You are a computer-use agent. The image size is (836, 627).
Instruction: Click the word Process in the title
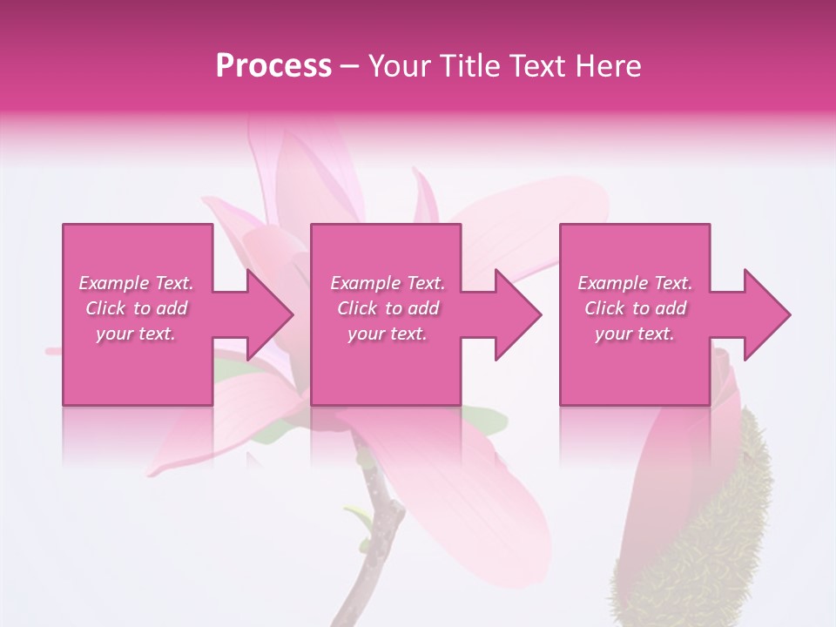[x=273, y=66]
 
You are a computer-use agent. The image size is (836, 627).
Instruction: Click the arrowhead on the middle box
[x=516, y=314]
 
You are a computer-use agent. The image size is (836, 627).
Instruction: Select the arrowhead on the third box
[x=765, y=314]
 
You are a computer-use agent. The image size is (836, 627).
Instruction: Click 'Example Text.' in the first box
[x=136, y=283]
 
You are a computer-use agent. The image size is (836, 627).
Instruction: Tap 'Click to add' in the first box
[x=136, y=308]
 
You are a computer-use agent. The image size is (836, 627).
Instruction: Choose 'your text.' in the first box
[x=136, y=334]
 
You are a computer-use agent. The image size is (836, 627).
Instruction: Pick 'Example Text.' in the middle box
[x=388, y=283]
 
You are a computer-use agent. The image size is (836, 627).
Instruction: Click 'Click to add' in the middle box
[x=388, y=308]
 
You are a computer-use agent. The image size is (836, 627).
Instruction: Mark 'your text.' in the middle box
[x=388, y=334]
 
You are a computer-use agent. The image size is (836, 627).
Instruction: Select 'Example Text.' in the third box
[x=635, y=283]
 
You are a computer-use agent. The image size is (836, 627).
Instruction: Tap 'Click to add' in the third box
[x=635, y=308]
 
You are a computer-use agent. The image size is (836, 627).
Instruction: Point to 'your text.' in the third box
[x=635, y=334]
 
